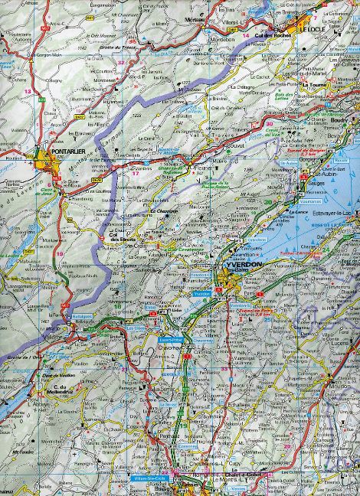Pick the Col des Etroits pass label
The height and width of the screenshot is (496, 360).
(120, 237)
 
